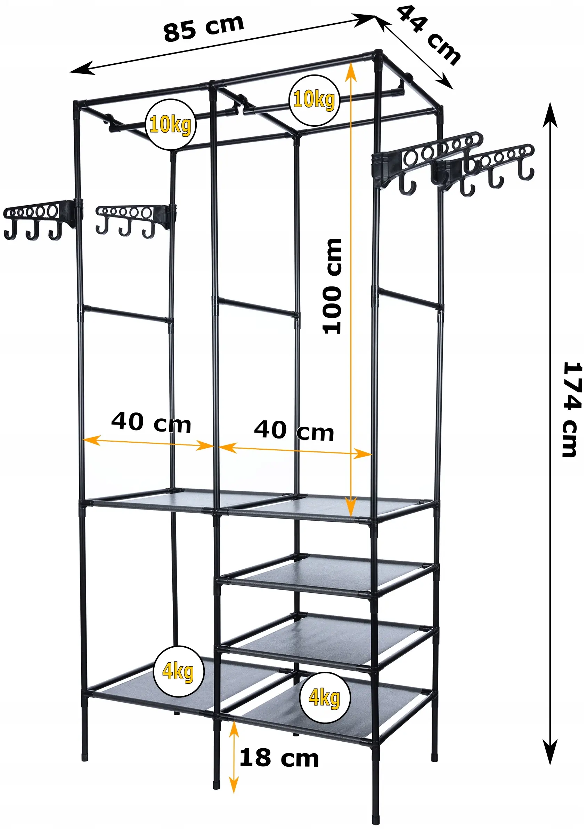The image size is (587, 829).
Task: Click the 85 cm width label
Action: point(204,28)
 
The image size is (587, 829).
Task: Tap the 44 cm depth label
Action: point(429,35)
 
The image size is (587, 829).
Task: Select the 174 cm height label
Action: point(571,409)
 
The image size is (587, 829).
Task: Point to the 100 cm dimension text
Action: point(332,286)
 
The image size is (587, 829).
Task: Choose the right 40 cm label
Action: point(294,431)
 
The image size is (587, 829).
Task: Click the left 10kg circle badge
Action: point(170,125)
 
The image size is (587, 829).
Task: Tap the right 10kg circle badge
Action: point(314,100)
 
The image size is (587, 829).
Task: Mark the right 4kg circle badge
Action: point(325,698)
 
